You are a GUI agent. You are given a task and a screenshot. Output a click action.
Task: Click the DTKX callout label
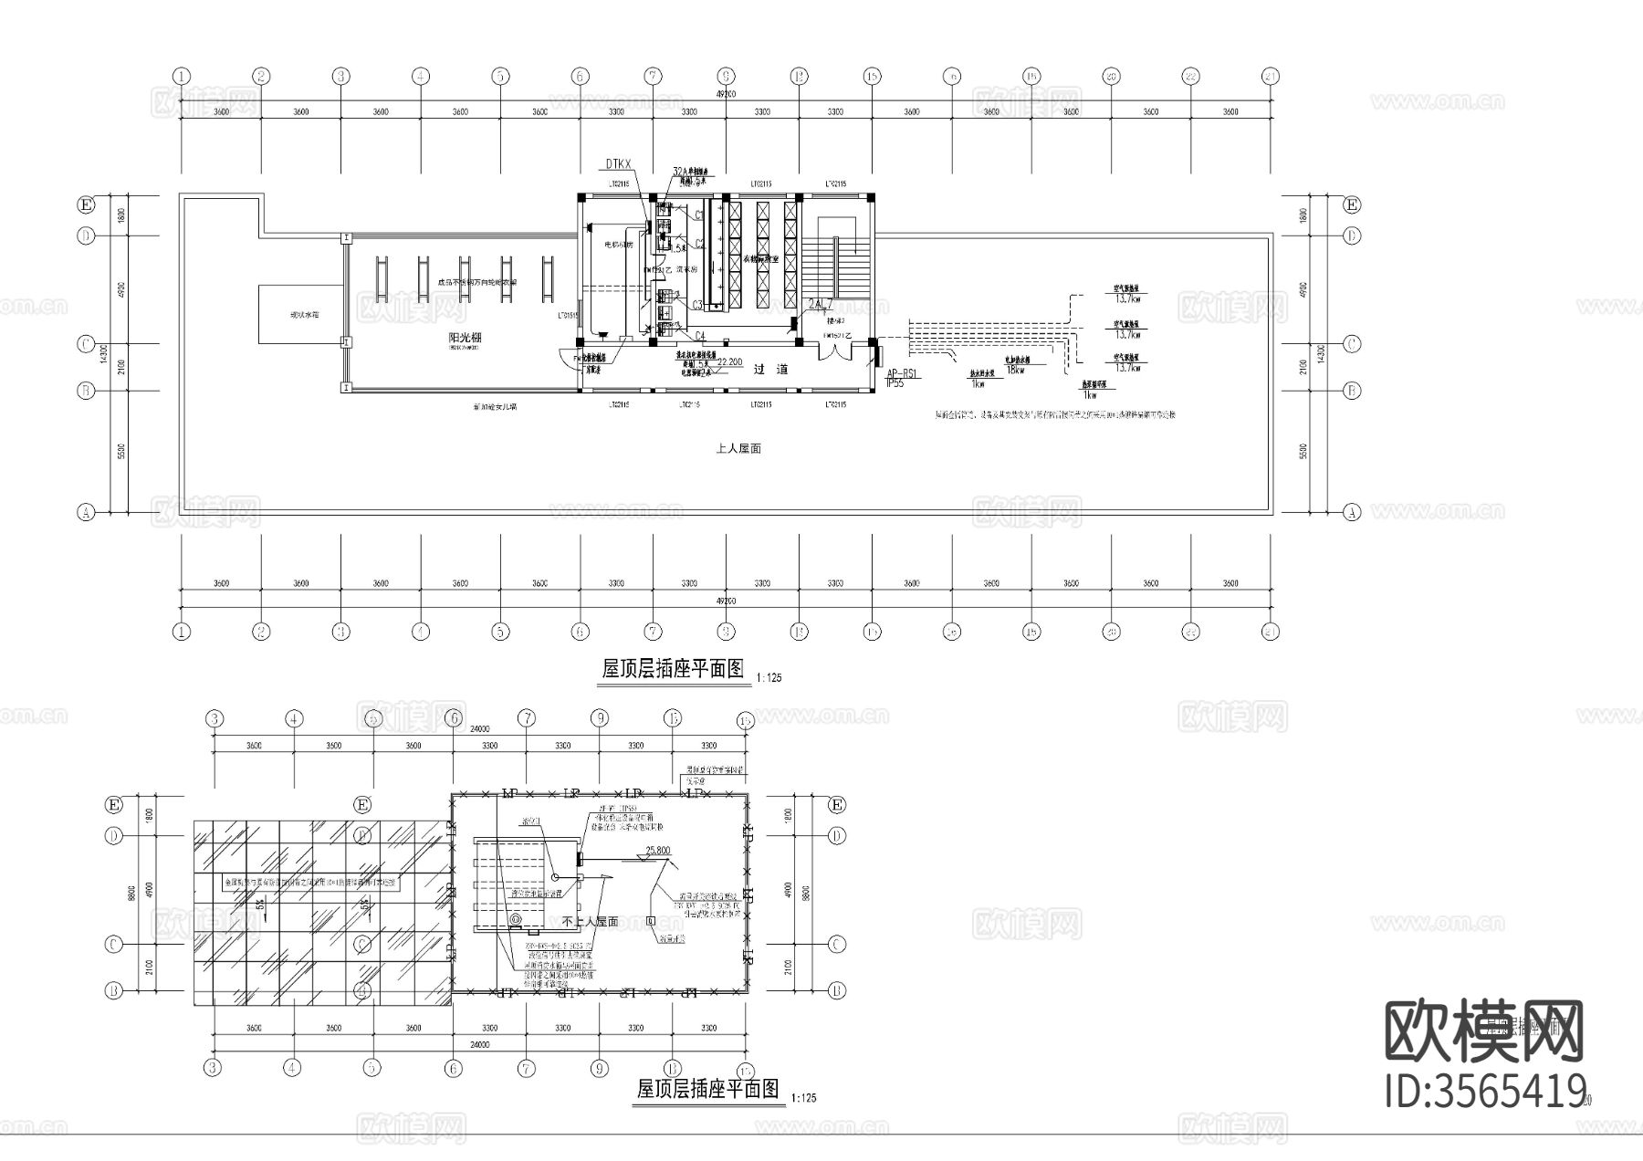pos(618,164)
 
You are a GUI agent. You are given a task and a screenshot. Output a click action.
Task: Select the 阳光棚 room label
pos(466,338)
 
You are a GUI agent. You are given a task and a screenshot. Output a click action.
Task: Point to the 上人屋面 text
pos(738,448)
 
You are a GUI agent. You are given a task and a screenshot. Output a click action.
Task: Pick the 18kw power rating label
pos(1015,371)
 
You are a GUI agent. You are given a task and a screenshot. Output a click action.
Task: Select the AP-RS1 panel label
pos(903,374)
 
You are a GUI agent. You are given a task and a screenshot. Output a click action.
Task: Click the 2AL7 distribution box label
pos(821,303)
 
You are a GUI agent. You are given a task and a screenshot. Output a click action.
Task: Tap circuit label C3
pos(696,305)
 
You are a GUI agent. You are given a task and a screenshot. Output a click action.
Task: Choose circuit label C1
pos(699,214)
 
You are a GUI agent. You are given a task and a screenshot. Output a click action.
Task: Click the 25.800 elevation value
pos(657,851)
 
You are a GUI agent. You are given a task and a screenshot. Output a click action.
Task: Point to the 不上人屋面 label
pos(591,922)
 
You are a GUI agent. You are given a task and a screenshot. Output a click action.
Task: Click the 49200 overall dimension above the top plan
pos(726,94)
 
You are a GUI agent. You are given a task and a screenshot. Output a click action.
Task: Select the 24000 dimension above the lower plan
pos(480,729)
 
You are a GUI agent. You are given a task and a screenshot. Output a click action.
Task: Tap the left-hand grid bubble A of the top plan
pos(85,512)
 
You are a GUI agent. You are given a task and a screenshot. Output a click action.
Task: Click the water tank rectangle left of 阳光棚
pos(301,314)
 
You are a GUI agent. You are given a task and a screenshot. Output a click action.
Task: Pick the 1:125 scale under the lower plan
pos(804,1098)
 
